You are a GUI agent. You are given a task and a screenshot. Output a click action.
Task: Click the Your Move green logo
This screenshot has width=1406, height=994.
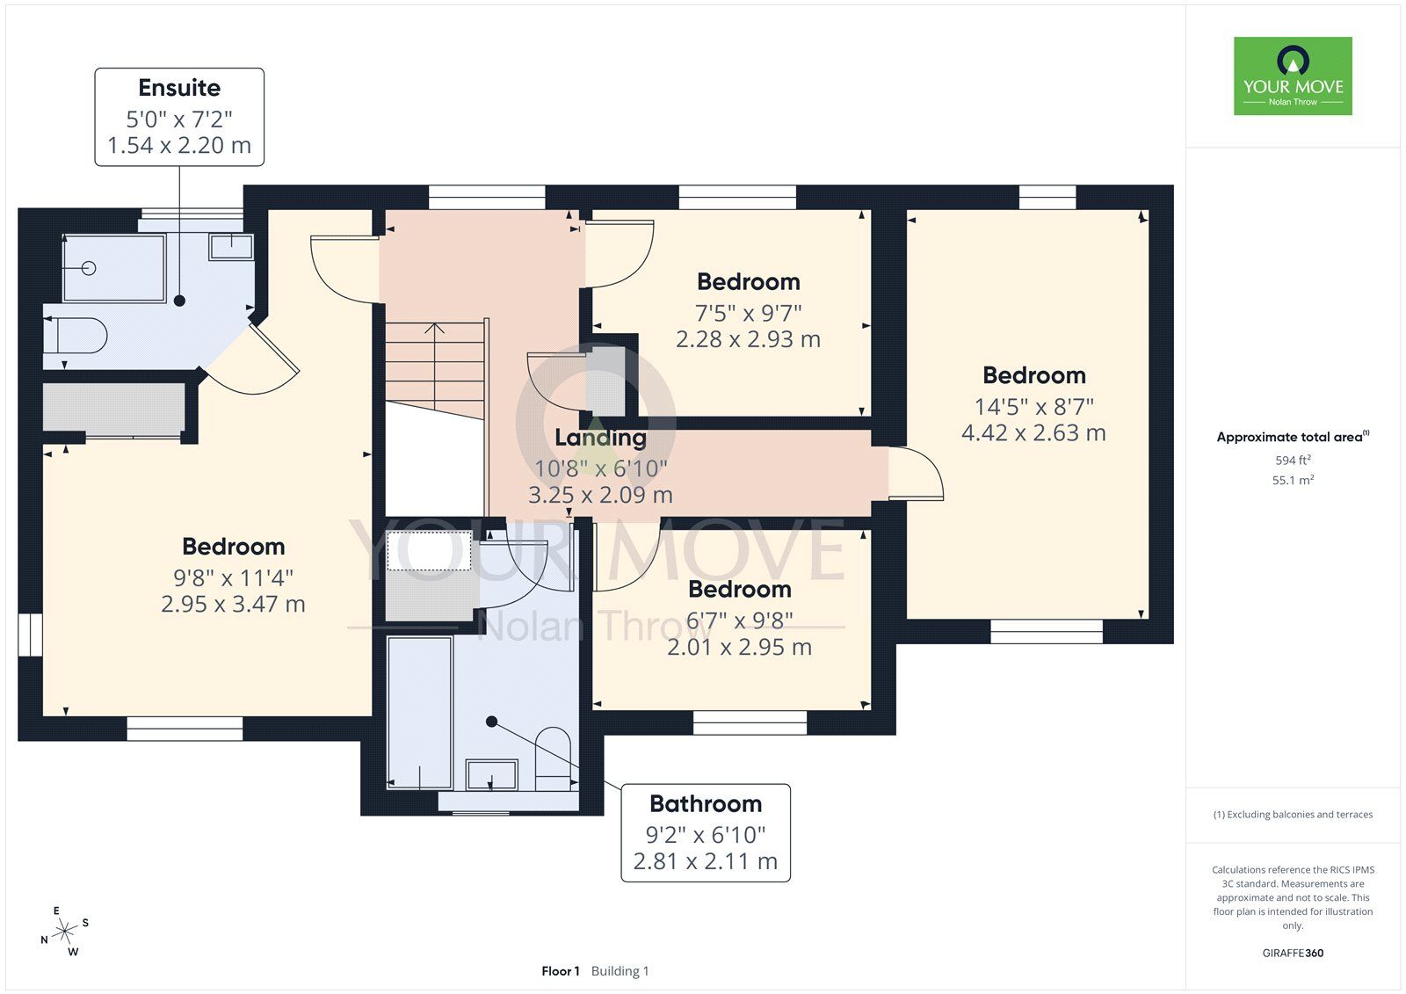(1293, 76)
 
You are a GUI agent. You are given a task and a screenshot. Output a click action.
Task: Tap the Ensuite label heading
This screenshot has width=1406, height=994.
(179, 88)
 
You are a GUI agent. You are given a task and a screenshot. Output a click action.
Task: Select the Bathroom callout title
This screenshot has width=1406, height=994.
(706, 804)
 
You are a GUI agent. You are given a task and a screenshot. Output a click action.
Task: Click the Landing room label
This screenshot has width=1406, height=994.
(601, 438)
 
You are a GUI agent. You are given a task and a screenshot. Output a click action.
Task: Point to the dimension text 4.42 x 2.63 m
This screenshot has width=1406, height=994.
(1033, 432)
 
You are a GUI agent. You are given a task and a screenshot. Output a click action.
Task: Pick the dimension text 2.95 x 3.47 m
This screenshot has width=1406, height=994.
(234, 604)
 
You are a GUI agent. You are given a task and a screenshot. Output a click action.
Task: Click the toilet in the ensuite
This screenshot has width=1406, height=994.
(76, 336)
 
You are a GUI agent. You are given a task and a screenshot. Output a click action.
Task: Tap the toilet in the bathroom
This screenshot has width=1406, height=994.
(553, 758)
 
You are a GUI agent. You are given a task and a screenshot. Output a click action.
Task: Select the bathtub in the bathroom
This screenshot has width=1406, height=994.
(419, 713)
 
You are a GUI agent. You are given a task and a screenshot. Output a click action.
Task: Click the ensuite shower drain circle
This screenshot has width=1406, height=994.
(89, 268)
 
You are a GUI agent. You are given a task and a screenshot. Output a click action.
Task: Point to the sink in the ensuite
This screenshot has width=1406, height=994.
(232, 247)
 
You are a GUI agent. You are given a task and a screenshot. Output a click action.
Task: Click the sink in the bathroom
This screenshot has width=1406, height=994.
(491, 774)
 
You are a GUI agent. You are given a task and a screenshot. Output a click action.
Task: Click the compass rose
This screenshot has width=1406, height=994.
(64, 932)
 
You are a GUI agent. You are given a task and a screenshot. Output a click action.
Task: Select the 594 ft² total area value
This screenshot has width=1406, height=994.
(1293, 461)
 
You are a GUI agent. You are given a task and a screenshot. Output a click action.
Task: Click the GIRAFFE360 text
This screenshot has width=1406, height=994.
(1293, 953)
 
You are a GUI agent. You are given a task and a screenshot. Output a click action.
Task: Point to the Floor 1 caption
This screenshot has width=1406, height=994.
(560, 971)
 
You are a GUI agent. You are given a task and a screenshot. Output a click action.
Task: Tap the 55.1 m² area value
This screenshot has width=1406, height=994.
(1293, 481)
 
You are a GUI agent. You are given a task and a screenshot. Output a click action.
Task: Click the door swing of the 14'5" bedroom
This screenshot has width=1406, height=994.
(917, 474)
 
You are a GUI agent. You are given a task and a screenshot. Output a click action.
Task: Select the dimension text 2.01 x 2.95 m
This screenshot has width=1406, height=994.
(739, 648)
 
